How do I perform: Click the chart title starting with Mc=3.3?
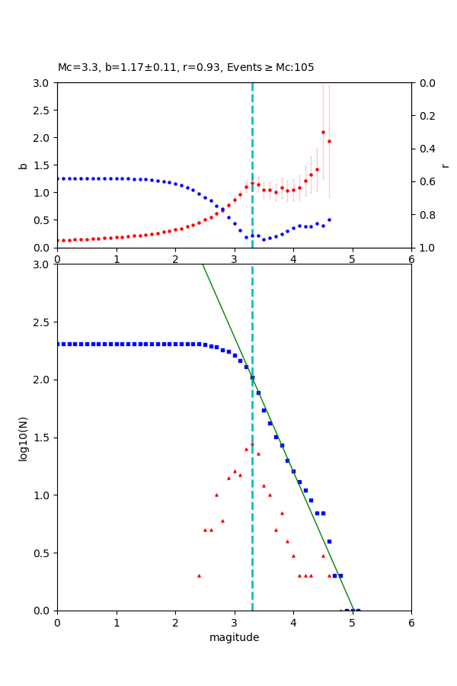coord(186,68)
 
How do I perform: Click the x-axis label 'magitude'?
coord(234,637)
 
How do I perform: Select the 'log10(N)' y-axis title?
coord(23,438)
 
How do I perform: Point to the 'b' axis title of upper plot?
coord(23,165)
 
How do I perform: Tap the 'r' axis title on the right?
coord(446,165)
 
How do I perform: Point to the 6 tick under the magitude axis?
coord(411,622)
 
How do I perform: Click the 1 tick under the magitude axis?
coord(117,622)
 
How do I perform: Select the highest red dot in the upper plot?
coord(323,132)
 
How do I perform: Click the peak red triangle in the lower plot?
coord(252,444)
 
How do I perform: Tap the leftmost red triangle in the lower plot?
coord(199,575)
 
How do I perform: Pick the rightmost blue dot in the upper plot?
coord(329,220)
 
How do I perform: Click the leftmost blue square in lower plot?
coord(58,344)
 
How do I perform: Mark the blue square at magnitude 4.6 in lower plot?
coord(329,541)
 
